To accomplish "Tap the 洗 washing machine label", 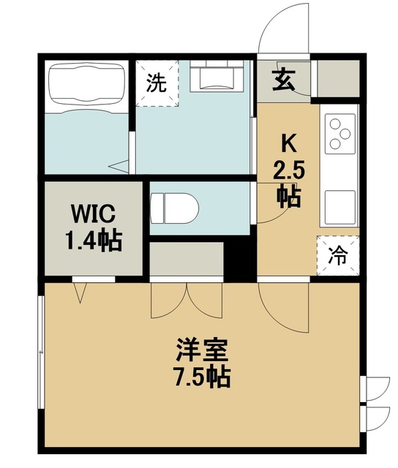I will [156, 83].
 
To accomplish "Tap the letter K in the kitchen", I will [288, 142].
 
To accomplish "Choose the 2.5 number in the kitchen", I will [288, 173].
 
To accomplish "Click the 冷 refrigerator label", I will [337, 255].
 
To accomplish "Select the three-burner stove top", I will [339, 134].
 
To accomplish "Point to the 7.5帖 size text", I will [203, 377].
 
